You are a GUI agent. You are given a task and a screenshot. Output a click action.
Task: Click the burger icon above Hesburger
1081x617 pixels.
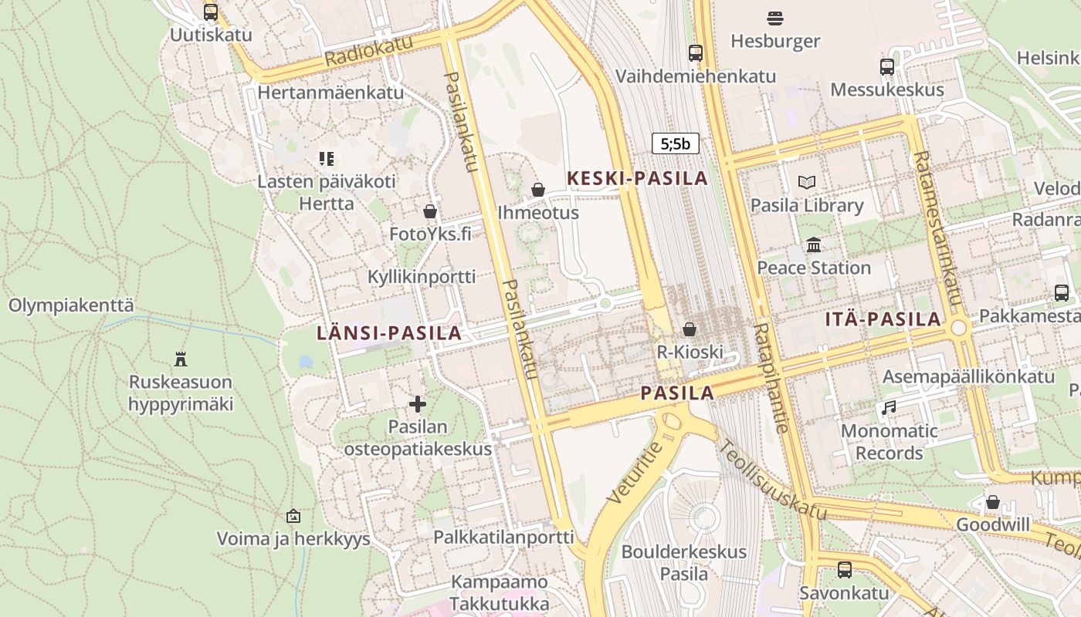pos(775,18)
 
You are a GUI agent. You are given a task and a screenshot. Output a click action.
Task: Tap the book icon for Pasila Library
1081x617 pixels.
pos(807,183)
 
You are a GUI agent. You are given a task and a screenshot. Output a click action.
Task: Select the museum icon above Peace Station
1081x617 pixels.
pos(813,245)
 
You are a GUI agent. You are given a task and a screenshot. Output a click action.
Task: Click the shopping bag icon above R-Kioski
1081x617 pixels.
pos(690,329)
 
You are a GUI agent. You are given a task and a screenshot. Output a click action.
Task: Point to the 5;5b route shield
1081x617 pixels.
pos(676,143)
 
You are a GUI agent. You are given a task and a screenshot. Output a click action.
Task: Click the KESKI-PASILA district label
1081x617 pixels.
pos(637,178)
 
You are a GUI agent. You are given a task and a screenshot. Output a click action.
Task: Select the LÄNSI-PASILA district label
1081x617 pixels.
pos(389,333)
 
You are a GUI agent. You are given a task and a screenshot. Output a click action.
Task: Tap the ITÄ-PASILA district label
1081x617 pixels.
pos(883,319)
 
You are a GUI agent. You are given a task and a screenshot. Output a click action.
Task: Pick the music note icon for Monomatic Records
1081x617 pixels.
pos(889,408)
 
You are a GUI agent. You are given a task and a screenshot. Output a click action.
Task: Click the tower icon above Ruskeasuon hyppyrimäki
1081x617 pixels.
pos(181,359)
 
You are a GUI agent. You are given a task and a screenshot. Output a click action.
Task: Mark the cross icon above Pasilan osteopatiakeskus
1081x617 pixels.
pos(418,404)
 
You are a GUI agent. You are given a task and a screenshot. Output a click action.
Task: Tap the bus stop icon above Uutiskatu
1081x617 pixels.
pos(211,12)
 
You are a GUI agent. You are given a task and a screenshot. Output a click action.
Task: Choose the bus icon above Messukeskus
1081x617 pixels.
pos(886,67)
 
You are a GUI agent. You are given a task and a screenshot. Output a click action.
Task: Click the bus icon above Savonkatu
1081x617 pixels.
pos(845,570)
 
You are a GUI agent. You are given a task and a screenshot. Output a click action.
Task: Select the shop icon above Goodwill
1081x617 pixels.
pos(993,502)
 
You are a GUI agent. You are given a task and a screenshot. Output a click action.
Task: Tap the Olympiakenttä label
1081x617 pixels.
pos(71,305)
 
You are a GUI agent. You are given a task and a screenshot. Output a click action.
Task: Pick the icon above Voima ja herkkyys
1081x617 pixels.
pos(293,516)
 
